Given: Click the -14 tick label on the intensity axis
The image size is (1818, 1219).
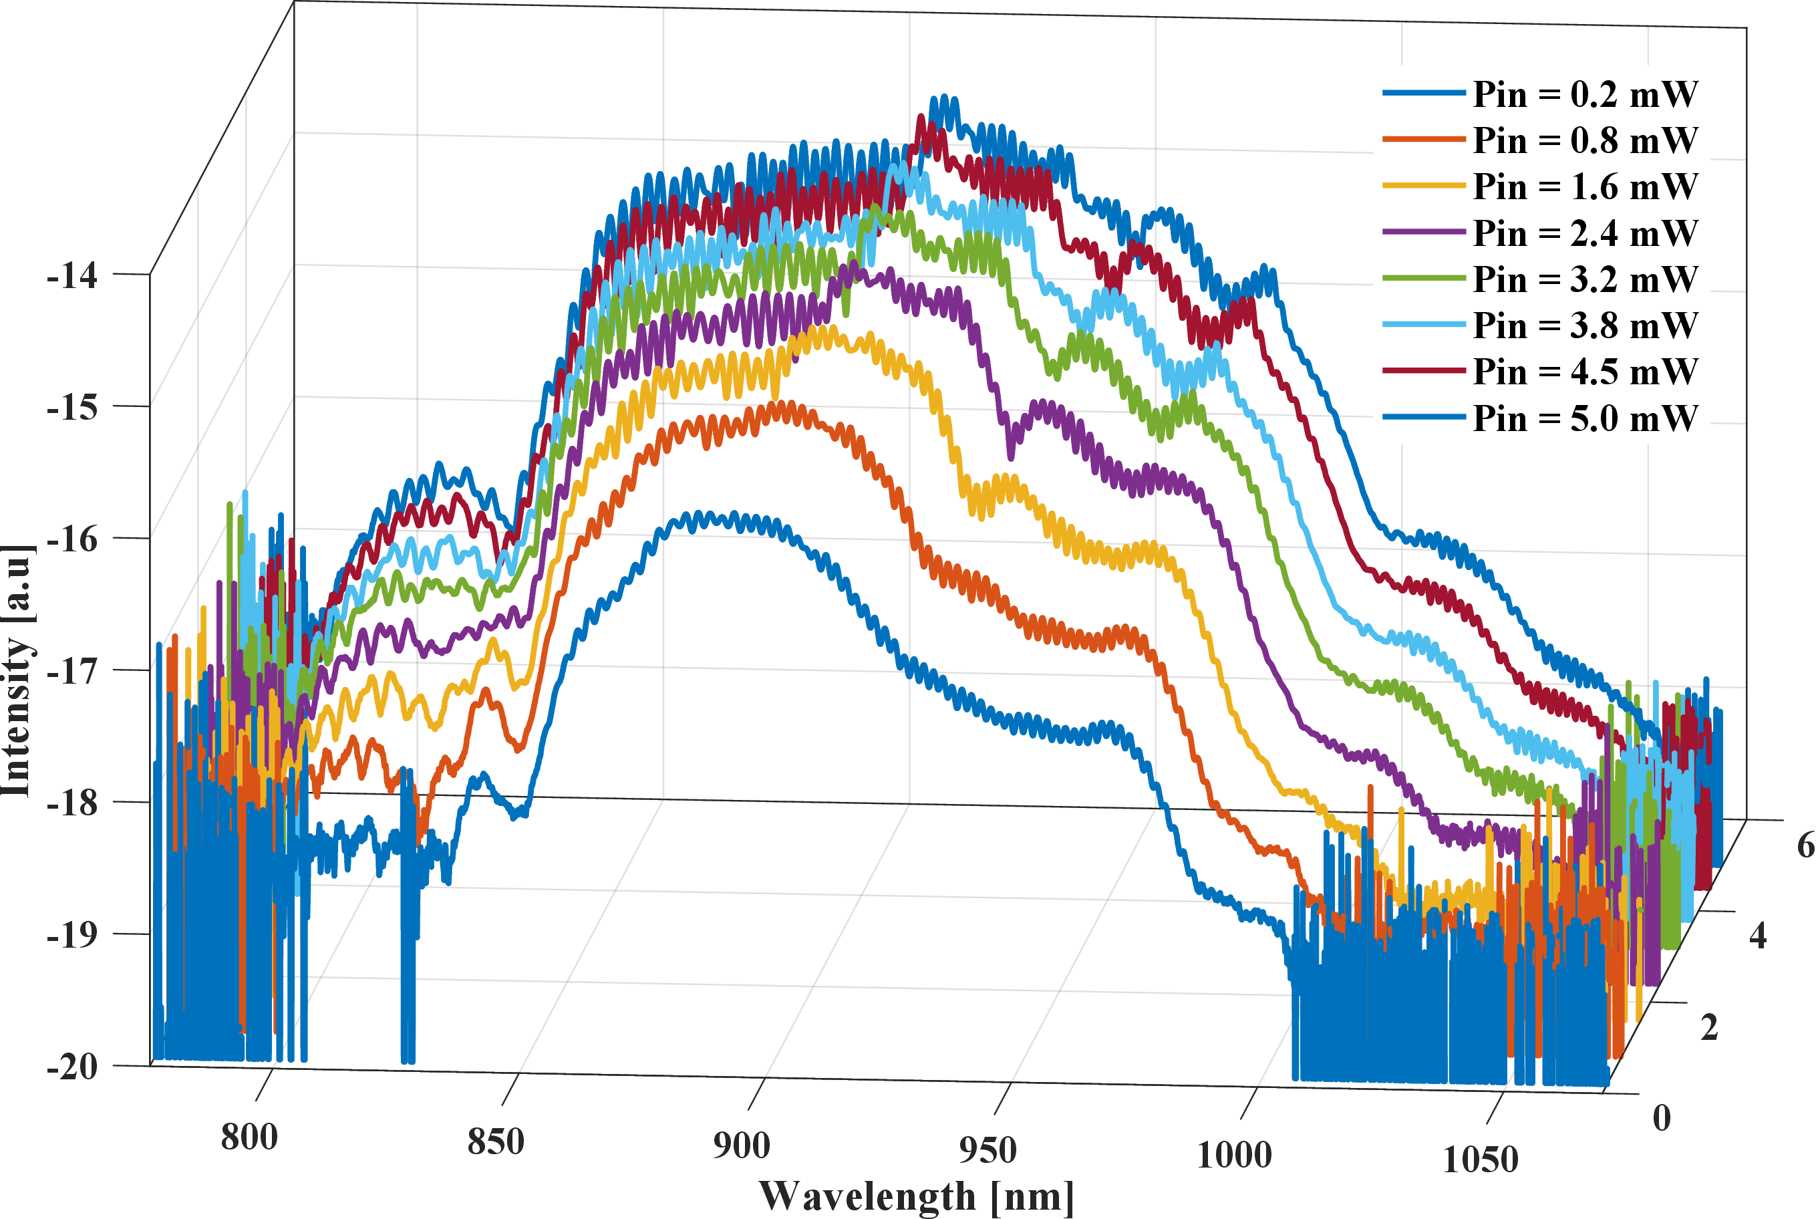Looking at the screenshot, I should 72,276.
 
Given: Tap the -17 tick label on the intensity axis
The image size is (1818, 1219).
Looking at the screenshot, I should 72,671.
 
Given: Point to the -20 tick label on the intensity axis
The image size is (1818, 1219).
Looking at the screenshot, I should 72,1067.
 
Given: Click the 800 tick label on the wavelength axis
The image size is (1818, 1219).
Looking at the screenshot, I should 249,1137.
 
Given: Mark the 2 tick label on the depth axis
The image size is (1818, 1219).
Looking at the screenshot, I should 1709,1028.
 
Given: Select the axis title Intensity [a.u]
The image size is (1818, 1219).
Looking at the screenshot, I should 17,670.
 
